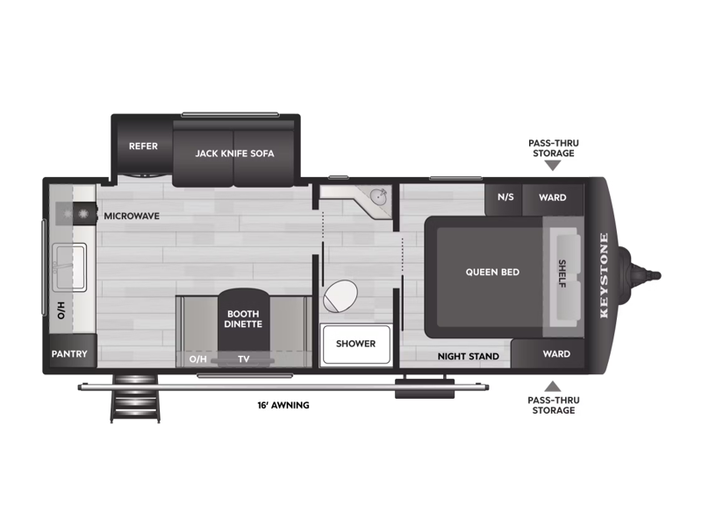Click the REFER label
click(143, 146)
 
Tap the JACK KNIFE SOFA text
click(234, 153)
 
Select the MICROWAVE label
click(132, 215)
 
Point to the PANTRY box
click(68, 354)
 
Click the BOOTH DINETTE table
click(244, 318)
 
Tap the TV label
click(244, 359)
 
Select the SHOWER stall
click(355, 344)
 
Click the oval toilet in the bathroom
click(340, 297)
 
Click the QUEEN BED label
click(492, 272)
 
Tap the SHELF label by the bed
click(562, 272)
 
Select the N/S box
click(505, 197)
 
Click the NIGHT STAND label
click(469, 356)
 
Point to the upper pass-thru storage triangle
click(552, 166)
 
